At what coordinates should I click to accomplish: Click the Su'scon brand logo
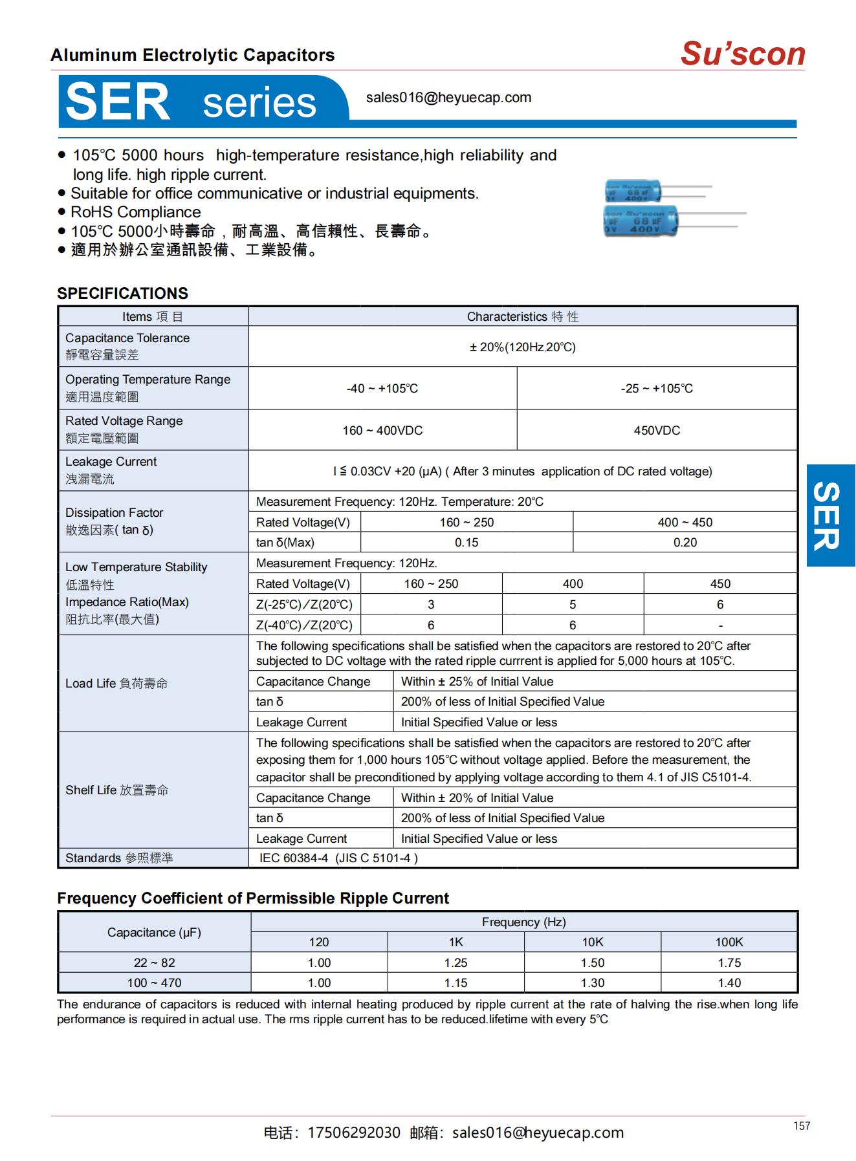[x=742, y=54]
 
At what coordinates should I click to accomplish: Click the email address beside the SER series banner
[x=448, y=98]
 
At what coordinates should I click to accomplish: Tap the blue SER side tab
[x=829, y=515]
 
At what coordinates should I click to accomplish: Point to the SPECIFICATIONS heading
[x=122, y=293]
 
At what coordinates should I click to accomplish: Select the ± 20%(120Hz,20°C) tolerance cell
[x=522, y=347]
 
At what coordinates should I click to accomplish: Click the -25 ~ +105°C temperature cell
[x=656, y=389]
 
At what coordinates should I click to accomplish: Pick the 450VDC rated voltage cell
[x=656, y=431]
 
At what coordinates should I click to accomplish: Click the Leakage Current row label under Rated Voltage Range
[x=111, y=462]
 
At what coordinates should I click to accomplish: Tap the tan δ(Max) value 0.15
[x=466, y=543]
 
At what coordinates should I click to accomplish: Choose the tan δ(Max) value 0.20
[x=685, y=543]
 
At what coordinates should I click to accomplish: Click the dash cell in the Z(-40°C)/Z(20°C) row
[x=719, y=625]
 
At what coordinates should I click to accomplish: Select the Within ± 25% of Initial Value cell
[x=477, y=682]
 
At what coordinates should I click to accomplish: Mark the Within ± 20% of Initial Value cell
[x=477, y=798]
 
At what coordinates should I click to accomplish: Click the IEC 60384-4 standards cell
[x=338, y=858]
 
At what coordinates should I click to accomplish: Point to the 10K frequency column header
[x=592, y=942]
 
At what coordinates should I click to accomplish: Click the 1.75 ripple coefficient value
[x=729, y=963]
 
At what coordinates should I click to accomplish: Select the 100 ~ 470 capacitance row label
[x=154, y=983]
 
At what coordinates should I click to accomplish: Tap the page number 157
[x=801, y=1126]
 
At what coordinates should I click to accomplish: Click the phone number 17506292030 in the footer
[x=353, y=1133]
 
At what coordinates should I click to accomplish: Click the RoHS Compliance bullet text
[x=135, y=212]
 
